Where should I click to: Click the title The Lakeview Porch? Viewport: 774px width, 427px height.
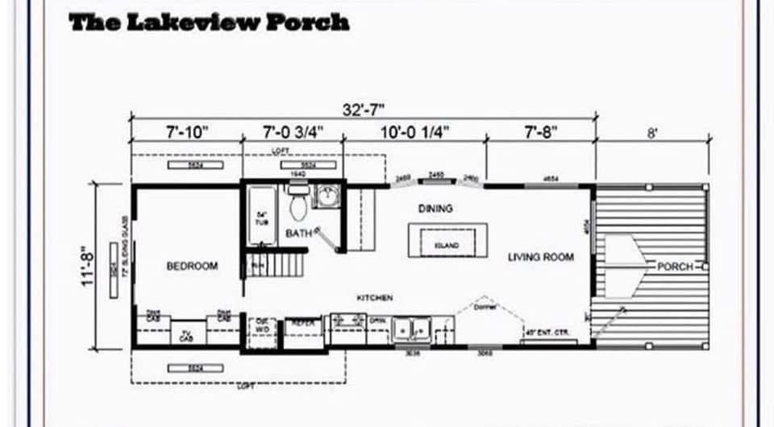point(209,22)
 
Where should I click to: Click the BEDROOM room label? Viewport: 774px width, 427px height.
point(192,266)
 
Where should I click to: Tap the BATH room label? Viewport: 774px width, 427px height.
point(298,234)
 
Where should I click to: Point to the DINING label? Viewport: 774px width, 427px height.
point(435,209)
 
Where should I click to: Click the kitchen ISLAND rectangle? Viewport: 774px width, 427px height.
point(447,243)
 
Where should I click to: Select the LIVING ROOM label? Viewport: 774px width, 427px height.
point(540,257)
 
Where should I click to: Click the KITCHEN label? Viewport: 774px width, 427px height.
point(375,298)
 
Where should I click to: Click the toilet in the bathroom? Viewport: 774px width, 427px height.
point(298,205)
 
